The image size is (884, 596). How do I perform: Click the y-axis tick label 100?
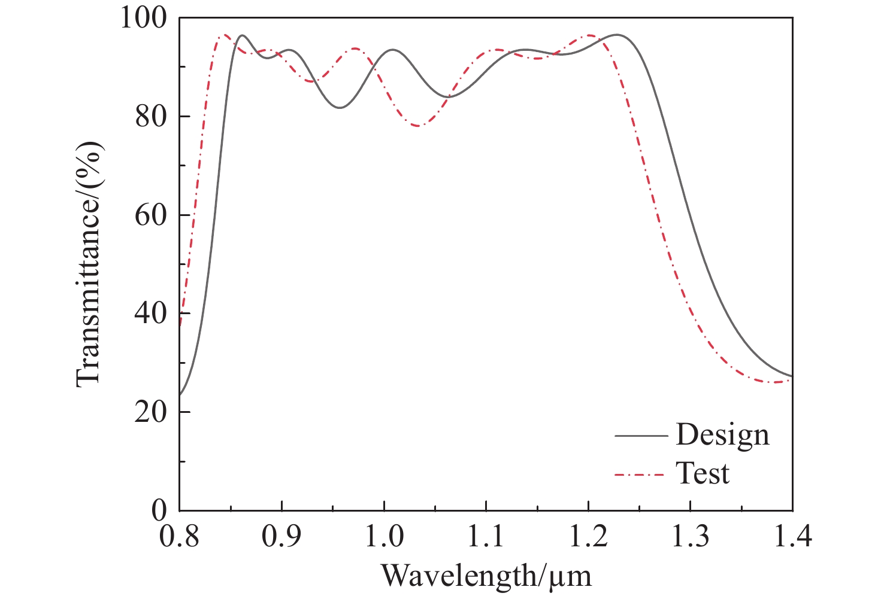click(x=143, y=18)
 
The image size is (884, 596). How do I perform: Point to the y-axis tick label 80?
click(x=150, y=117)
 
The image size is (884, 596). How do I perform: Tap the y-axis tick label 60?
click(x=150, y=215)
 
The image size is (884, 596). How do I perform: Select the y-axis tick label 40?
click(x=150, y=314)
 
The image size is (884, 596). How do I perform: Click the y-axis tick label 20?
click(x=150, y=412)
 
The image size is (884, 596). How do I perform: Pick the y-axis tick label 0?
click(x=159, y=510)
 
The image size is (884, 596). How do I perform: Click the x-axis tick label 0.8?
click(x=179, y=536)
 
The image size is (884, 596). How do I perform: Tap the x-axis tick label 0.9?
click(x=281, y=536)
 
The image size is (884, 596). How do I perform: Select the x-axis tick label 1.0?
click(x=384, y=536)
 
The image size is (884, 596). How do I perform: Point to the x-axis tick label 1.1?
click(x=486, y=536)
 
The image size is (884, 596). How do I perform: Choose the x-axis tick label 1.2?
click(x=589, y=536)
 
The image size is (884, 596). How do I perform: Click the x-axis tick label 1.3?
click(x=691, y=536)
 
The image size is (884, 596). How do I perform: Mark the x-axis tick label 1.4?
click(x=792, y=536)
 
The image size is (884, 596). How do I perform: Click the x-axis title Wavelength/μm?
click(x=486, y=576)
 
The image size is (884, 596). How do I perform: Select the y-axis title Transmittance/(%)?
click(x=89, y=264)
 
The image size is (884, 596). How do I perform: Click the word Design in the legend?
click(x=722, y=435)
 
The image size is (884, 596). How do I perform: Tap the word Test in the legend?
click(x=703, y=474)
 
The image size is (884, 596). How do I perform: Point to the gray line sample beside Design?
click(x=640, y=436)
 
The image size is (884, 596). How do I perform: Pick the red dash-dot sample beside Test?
click(x=640, y=475)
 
